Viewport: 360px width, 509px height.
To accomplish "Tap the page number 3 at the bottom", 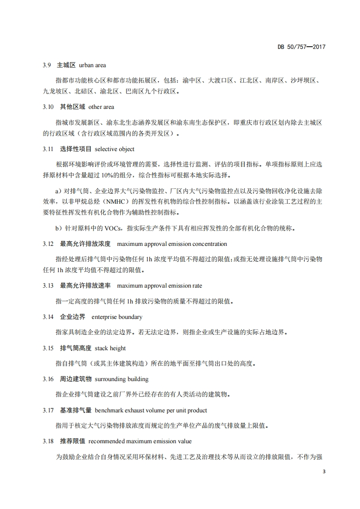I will point(324,472).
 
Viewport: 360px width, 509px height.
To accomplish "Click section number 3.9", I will point(47,65).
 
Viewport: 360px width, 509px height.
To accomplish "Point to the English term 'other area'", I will point(101,107).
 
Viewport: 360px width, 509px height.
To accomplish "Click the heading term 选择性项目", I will point(76,149).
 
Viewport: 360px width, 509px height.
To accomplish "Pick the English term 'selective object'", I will point(115,149).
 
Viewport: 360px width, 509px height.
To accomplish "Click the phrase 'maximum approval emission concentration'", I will point(172,244).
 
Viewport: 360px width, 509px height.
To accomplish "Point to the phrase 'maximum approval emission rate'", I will point(159,286).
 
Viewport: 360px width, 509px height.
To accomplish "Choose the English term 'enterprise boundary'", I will point(117,317).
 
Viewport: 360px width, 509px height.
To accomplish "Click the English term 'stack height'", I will point(110,348).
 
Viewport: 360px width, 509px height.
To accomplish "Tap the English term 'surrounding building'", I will point(122,379).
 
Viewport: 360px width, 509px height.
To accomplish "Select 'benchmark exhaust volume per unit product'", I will point(151,410).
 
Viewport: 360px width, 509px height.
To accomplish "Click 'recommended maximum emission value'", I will point(140,441).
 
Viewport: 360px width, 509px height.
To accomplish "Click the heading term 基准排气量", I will point(76,410).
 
